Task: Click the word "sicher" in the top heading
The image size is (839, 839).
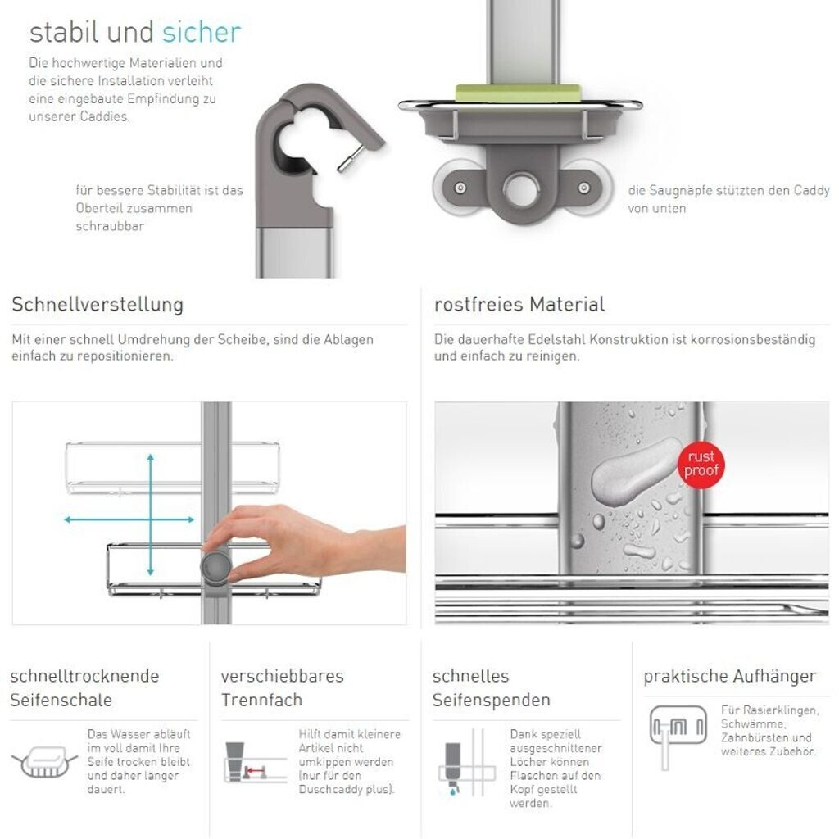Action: pos(202,32)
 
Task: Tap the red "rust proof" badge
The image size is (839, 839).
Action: pos(701,464)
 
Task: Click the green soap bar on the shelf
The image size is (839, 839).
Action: pos(518,92)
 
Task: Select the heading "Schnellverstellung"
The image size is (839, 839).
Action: pos(98,305)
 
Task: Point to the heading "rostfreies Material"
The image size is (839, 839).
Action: pos(519,305)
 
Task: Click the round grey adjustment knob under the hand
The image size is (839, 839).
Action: pos(216,567)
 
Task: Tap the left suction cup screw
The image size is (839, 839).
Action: pos(460,188)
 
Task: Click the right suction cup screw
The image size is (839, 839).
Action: pos(583,188)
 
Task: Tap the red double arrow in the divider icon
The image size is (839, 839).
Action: pos(255,771)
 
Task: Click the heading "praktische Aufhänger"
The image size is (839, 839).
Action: pos(730,676)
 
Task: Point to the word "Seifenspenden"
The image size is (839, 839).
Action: pos(492,700)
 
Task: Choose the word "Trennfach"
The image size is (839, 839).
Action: pos(261,700)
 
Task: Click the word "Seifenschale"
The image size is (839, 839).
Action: pos(61,700)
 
